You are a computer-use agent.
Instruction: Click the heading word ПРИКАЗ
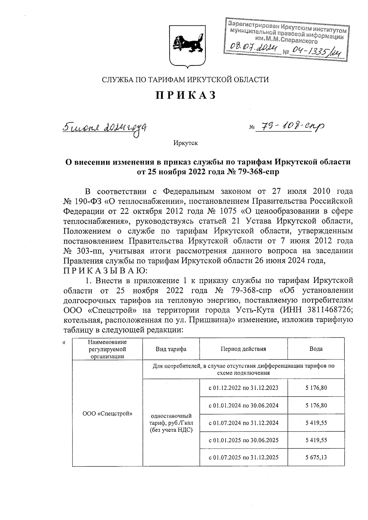pos(186,95)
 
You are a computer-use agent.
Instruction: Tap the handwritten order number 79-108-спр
pos(289,126)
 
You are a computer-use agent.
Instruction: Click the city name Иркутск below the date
pos(185,143)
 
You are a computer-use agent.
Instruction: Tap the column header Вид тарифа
pos(171,349)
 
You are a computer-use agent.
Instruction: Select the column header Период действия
pos(243,349)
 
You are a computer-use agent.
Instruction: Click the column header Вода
pos(316,349)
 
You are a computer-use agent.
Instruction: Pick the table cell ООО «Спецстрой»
pos(107,414)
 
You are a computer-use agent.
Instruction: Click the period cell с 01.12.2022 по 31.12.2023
pos(243,388)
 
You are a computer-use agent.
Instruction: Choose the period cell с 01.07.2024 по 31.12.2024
pos(243,423)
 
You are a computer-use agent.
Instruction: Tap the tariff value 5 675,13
pos(316,457)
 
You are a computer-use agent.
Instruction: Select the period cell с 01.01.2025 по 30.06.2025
pos(243,440)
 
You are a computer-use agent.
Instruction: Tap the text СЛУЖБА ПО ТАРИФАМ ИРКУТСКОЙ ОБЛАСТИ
pos(185,80)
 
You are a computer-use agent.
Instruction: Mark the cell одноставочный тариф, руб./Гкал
pos(171,423)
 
